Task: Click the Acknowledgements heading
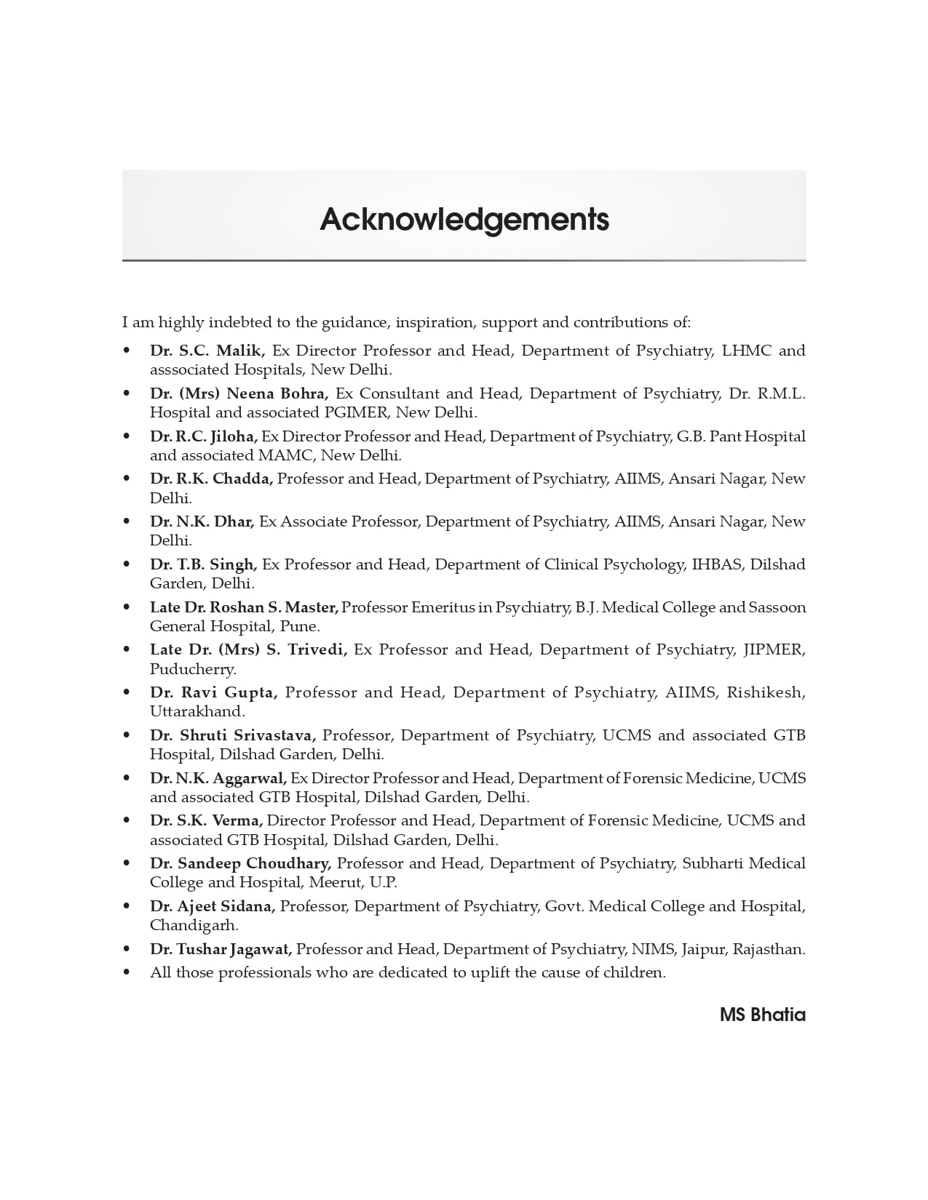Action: tap(464, 219)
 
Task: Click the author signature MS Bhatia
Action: tap(762, 1015)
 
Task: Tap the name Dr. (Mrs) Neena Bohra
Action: tap(239, 393)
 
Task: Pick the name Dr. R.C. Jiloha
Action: tap(204, 436)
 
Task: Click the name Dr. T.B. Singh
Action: tap(204, 564)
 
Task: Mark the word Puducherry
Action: tap(193, 669)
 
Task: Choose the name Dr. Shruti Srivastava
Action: tap(233, 735)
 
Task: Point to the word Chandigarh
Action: tap(194, 925)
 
